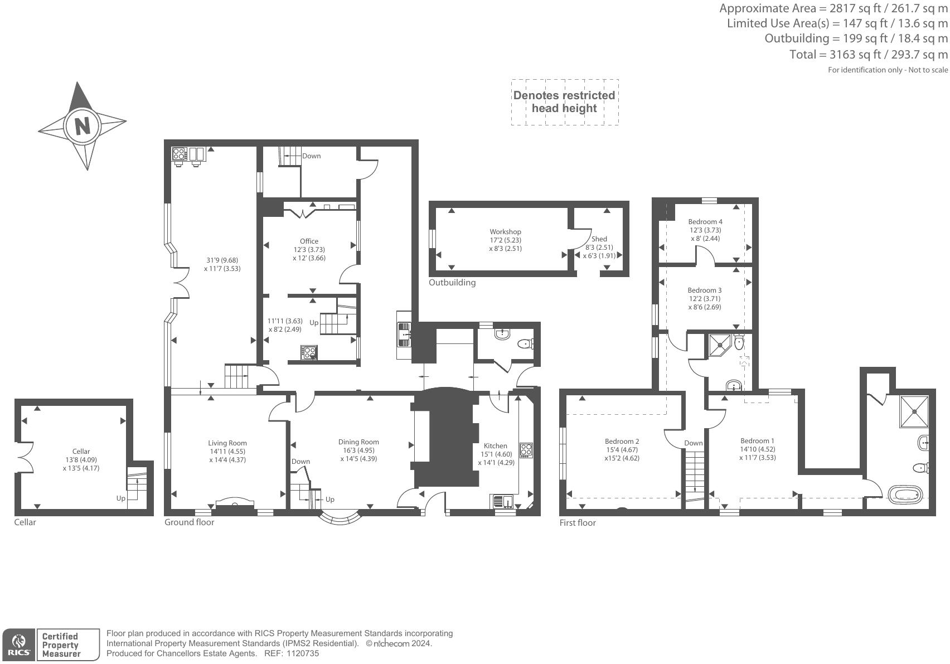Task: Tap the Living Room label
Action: tap(227, 443)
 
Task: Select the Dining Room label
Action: tap(358, 442)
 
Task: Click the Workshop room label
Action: tap(505, 232)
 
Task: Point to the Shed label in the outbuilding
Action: tap(599, 239)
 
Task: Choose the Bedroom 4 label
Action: tap(705, 222)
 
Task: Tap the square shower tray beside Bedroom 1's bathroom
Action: tap(914, 411)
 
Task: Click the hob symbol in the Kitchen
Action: tap(526, 450)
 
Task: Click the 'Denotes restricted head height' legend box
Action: tap(564, 102)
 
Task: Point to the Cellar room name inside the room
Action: tap(81, 452)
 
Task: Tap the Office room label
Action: tap(309, 241)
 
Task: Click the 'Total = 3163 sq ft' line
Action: tap(868, 55)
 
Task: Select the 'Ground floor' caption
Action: tap(189, 522)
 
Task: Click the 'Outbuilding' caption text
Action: tap(452, 283)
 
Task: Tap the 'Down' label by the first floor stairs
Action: tap(694, 443)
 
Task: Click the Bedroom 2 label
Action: tap(622, 442)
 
